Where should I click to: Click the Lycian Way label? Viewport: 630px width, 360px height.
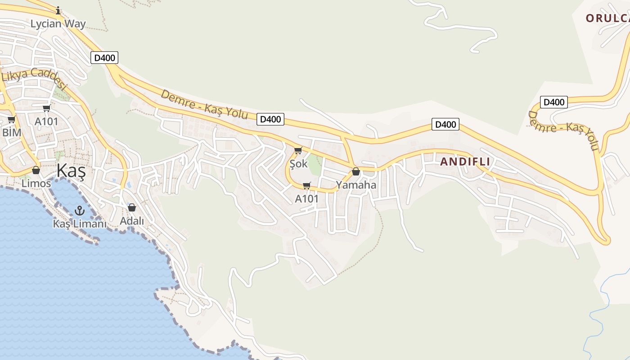click(58, 24)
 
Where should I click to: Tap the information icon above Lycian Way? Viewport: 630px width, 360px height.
click(58, 10)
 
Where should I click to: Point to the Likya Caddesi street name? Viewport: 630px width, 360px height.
click(34, 79)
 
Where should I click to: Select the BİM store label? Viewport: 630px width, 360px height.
click(12, 132)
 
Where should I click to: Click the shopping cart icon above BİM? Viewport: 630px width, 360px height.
click(12, 120)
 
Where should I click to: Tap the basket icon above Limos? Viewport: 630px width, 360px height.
click(36, 170)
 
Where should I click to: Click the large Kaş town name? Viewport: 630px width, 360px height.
click(71, 172)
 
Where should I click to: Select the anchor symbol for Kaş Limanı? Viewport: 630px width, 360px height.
click(80, 210)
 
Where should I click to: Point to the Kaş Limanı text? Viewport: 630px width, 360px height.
click(80, 224)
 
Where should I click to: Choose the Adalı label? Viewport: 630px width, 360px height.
click(132, 221)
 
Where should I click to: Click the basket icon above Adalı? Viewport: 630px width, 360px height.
click(132, 207)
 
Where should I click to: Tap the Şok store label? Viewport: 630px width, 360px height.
click(299, 164)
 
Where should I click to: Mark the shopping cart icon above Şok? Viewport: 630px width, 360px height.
click(298, 150)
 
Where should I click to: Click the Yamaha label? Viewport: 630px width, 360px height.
click(356, 185)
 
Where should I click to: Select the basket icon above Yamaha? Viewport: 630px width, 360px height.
click(356, 171)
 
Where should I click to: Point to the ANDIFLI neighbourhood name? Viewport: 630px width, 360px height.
click(465, 162)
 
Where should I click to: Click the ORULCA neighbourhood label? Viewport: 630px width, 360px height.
click(607, 18)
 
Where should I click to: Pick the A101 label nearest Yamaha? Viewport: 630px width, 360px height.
click(307, 198)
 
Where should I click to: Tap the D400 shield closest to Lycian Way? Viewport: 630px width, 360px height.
click(104, 58)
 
